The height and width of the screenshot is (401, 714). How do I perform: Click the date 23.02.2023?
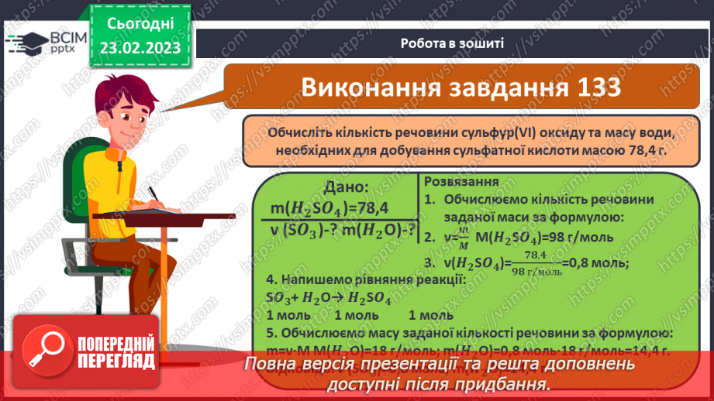point(140,47)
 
